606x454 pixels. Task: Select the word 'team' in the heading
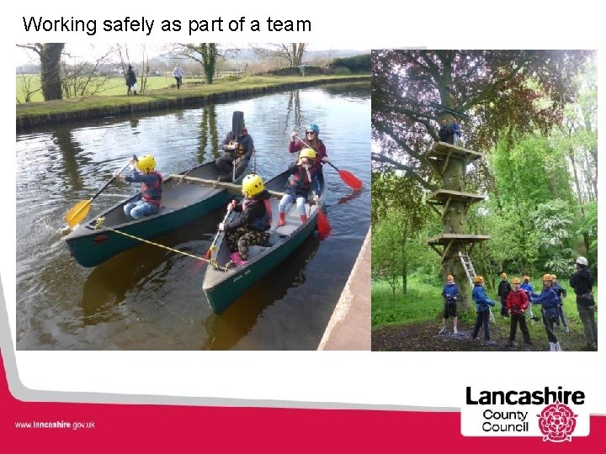pyautogui.click(x=289, y=24)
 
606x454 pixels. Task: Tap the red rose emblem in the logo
pyautogui.click(x=557, y=421)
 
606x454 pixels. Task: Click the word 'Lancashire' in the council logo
pyautogui.click(x=524, y=397)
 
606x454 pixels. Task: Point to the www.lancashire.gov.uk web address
pyautogui.click(x=55, y=425)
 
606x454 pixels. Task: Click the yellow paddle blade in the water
pyautogui.click(x=78, y=213)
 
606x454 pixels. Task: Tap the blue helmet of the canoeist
pyautogui.click(x=313, y=129)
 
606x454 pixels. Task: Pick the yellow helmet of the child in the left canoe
pyautogui.click(x=146, y=163)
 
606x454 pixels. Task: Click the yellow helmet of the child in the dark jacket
pyautogui.click(x=252, y=185)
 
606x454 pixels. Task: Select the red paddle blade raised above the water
pyautogui.click(x=350, y=179)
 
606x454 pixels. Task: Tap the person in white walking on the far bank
pyautogui.click(x=178, y=76)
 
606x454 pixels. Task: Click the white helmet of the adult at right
pyautogui.click(x=582, y=261)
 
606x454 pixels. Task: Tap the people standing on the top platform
pyautogui.click(x=449, y=131)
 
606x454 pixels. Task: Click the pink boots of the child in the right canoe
pyautogui.click(x=238, y=258)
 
